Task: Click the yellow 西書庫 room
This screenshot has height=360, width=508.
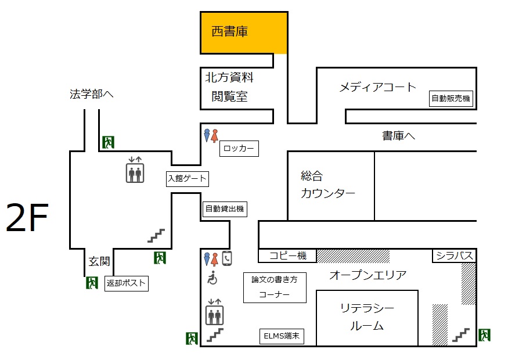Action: pyautogui.click(x=244, y=33)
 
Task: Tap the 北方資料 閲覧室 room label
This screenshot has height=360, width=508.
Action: pyautogui.click(x=229, y=87)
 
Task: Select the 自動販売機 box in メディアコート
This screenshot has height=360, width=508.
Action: pyautogui.click(x=451, y=98)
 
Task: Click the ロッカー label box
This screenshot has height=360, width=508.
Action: pyautogui.click(x=239, y=149)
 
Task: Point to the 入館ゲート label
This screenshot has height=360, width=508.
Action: pyautogui.click(x=188, y=179)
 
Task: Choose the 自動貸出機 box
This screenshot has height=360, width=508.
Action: pyautogui.click(x=225, y=209)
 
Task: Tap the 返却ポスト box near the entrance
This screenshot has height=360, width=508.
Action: pyautogui.click(x=127, y=283)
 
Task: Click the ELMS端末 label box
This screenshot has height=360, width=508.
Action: pyautogui.click(x=282, y=336)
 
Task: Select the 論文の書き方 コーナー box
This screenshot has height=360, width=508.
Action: pyautogui.click(x=275, y=287)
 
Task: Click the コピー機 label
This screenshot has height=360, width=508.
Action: pyautogui.click(x=288, y=255)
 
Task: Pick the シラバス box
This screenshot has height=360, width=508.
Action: pyautogui.click(x=454, y=255)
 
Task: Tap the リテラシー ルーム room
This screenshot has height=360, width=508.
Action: pyautogui.click(x=367, y=318)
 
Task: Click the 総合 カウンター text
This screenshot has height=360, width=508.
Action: pyautogui.click(x=327, y=185)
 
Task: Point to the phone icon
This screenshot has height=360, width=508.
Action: pyautogui.click(x=227, y=258)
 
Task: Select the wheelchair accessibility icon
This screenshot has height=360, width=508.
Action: pyautogui.click(x=212, y=278)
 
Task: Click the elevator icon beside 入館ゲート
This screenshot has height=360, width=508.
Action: pyautogui.click(x=135, y=170)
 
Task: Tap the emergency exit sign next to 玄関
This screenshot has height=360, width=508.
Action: pyautogui.click(x=92, y=283)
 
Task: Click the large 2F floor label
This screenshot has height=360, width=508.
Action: pyautogui.click(x=27, y=217)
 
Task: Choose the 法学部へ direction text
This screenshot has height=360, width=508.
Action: pyautogui.click(x=91, y=94)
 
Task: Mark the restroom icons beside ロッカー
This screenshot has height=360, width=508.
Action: pyautogui.click(x=211, y=135)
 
